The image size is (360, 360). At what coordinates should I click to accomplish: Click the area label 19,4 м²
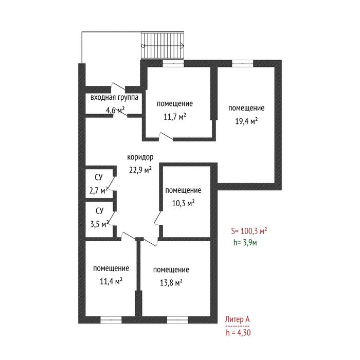[x=246, y=121]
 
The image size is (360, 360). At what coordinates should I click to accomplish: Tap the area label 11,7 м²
[x=175, y=117]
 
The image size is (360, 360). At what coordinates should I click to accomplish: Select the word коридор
[x=140, y=157]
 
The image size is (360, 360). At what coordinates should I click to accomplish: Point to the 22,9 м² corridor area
[x=140, y=170]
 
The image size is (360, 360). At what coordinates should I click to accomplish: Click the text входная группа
[x=114, y=97]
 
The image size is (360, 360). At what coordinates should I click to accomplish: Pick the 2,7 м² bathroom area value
[x=99, y=190]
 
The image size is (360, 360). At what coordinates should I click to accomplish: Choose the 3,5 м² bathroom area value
[x=99, y=224]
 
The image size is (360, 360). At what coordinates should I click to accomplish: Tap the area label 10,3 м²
[x=184, y=203]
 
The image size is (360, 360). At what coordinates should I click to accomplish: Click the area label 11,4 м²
[x=111, y=281]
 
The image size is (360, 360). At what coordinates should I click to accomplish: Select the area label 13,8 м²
[x=171, y=282]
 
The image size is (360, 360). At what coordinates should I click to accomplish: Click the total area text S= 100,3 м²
[x=249, y=231]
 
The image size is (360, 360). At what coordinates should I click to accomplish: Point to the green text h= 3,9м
[x=245, y=242]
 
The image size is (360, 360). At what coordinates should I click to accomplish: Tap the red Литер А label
[x=237, y=319]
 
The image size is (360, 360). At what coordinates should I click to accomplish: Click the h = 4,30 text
[x=238, y=332]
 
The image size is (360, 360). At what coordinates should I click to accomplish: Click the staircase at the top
[x=163, y=45]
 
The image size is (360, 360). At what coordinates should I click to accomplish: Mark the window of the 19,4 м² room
[x=242, y=63]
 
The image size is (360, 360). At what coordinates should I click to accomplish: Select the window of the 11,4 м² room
[x=111, y=320]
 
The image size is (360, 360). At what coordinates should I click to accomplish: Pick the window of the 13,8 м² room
[x=177, y=320]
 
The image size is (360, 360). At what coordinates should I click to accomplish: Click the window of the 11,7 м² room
[x=173, y=63]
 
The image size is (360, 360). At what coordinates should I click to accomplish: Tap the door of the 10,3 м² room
[x=158, y=217]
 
